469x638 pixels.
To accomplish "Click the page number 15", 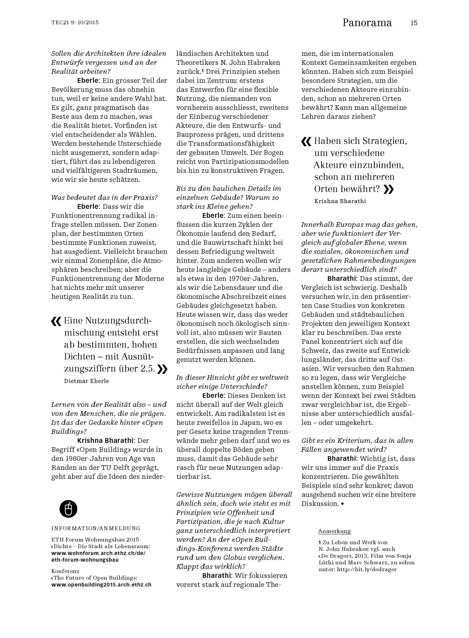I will [414, 23].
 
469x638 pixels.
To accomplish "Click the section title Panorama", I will [367, 23].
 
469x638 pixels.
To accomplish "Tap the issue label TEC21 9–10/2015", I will [75, 23].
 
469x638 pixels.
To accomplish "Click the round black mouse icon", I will [69, 508].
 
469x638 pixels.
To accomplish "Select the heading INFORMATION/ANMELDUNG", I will [96, 528].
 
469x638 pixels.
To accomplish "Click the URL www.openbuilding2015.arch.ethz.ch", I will [101, 585].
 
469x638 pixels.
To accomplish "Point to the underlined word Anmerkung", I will [334, 531].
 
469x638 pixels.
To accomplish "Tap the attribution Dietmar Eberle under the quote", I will [86, 381].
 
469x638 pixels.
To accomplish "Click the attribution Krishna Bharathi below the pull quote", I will [340, 201].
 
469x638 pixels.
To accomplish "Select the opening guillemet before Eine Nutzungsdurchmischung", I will [56, 321].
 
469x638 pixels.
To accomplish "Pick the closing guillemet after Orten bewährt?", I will [388, 189].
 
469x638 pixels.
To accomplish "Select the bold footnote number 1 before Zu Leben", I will [319, 542].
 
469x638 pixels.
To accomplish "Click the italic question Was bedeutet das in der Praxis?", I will [104, 197].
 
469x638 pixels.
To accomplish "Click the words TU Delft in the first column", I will [124, 467].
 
